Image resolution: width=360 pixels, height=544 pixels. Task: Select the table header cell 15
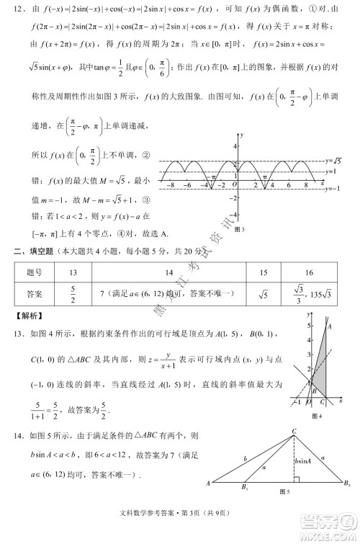point(263,272)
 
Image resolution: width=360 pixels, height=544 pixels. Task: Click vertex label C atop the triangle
point(294,431)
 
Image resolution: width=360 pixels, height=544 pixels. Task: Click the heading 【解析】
point(28,316)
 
